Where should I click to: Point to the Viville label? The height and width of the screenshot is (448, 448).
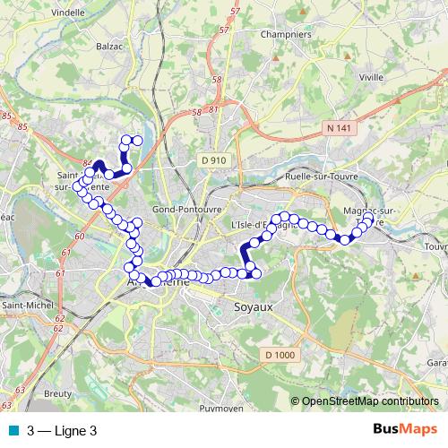(371, 78)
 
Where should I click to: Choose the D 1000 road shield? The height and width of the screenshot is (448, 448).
(280, 356)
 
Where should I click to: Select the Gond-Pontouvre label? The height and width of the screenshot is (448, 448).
(187, 209)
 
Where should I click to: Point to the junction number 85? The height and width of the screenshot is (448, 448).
(8, 116)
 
